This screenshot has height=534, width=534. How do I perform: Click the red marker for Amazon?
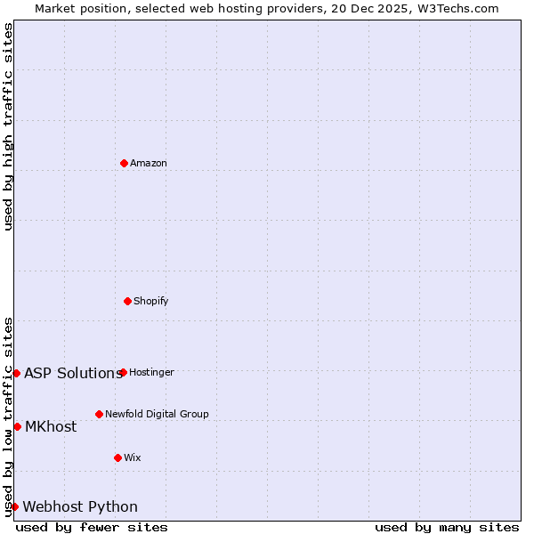(124, 163)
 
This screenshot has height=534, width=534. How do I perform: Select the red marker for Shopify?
(127, 301)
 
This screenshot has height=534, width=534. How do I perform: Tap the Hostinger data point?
(123, 372)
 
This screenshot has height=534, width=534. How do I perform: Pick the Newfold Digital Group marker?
(99, 414)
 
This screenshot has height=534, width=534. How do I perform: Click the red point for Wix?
(117, 457)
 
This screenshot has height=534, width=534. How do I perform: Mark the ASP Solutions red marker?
(16, 373)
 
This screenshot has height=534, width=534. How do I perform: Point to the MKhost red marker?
(17, 426)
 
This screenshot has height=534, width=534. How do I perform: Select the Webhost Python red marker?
(14, 506)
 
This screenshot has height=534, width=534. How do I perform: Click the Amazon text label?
(149, 163)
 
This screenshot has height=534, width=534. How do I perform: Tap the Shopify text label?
(151, 301)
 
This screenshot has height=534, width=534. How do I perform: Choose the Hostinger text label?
(151, 372)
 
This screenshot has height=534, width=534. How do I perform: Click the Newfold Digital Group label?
(157, 414)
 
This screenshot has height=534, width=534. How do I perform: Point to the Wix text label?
(133, 457)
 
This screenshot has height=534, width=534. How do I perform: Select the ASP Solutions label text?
(73, 373)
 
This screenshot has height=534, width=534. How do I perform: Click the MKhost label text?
(51, 426)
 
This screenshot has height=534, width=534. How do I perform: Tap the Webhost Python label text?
(80, 506)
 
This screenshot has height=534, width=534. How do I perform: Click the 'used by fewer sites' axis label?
(92, 527)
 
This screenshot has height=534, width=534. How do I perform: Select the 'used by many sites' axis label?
(447, 527)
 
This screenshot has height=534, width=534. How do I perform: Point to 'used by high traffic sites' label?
(8, 126)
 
